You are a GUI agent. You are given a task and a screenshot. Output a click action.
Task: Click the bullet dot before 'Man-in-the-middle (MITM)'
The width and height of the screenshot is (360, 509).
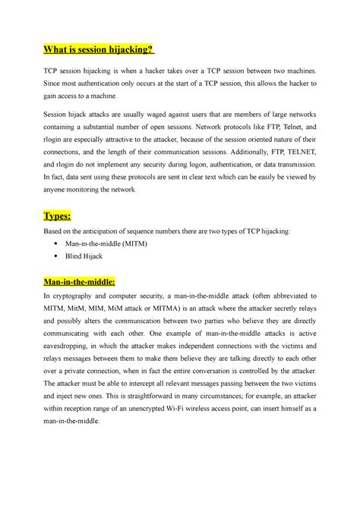click(57, 242)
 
